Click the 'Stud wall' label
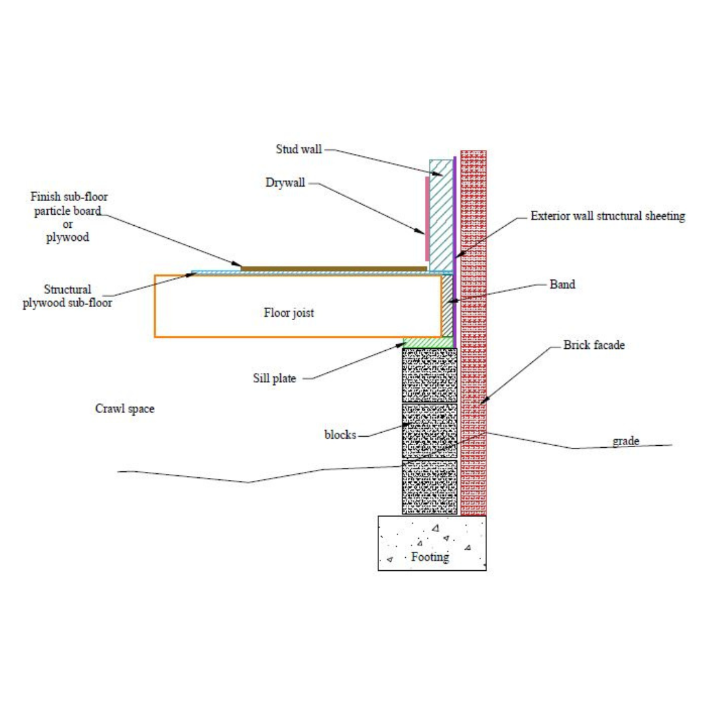point(299,149)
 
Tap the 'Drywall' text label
point(285,183)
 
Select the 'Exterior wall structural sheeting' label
point(607,216)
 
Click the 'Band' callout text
point(562,285)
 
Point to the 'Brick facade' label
point(594,345)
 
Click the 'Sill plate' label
point(274,378)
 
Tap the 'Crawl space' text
point(124,408)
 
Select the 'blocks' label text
point(340,435)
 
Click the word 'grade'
point(625,441)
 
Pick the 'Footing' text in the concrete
point(429,557)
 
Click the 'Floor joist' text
point(289,312)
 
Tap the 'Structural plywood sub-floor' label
point(67,296)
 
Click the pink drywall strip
point(427,219)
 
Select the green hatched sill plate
point(428,342)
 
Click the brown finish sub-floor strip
point(334,269)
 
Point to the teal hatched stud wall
point(441,215)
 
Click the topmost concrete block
point(429,375)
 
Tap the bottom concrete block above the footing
point(429,487)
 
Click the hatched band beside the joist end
point(447,306)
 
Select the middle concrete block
point(429,431)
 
